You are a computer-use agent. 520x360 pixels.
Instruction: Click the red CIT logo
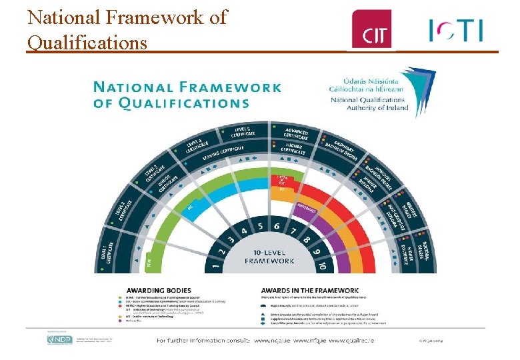coord(372,29)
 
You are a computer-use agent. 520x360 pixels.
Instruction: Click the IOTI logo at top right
coord(457,29)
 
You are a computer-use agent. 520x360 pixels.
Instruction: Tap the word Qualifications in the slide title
coord(87,43)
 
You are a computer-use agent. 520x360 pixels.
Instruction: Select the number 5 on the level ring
coord(261,226)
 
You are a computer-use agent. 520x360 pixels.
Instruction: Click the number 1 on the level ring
coord(215,266)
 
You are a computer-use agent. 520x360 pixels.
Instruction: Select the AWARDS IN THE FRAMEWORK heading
coord(309,291)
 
